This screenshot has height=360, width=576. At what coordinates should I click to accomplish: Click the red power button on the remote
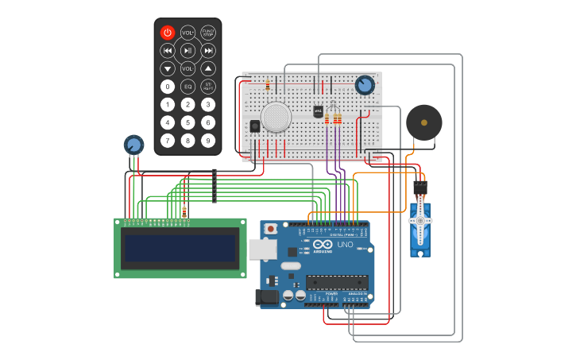[x=167, y=33]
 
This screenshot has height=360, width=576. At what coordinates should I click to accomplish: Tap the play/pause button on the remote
[x=187, y=51]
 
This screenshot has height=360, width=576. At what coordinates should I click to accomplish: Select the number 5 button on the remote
[x=187, y=122]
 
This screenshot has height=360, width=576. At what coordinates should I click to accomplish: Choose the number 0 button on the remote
[x=167, y=87]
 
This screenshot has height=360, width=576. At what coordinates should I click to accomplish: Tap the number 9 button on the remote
[x=208, y=141]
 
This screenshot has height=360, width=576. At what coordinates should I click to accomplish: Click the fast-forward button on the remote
[x=208, y=51]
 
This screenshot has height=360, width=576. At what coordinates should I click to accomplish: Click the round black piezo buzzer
[x=423, y=122]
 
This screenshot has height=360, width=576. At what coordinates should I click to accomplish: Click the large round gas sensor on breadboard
[x=276, y=117]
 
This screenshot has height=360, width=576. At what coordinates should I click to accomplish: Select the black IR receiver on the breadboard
[x=255, y=126]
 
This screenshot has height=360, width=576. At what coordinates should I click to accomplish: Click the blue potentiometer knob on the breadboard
[x=365, y=85]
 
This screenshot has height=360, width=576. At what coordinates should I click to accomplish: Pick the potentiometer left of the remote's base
[x=133, y=145]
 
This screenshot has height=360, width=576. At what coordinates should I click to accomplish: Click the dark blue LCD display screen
[x=180, y=248]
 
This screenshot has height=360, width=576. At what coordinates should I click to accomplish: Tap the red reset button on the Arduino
[x=271, y=229]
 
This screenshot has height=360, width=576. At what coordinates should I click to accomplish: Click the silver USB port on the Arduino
[x=262, y=249]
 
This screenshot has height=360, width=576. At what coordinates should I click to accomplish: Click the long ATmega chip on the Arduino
[x=337, y=282]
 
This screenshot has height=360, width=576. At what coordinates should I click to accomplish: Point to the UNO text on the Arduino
[x=346, y=245]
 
